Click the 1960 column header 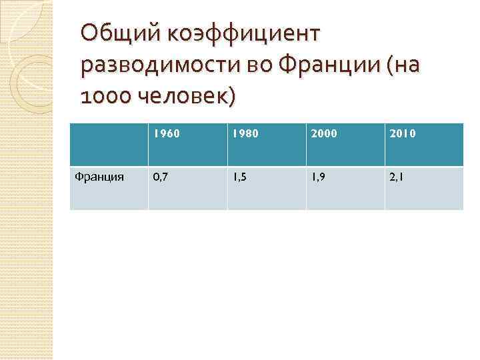pyautogui.click(x=166, y=133)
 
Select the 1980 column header pyautogui.click(x=245, y=133)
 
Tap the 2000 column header pyautogui.click(x=323, y=133)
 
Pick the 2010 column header pyautogui.click(x=403, y=133)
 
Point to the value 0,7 pyautogui.click(x=160, y=178)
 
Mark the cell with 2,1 pyautogui.click(x=397, y=178)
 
